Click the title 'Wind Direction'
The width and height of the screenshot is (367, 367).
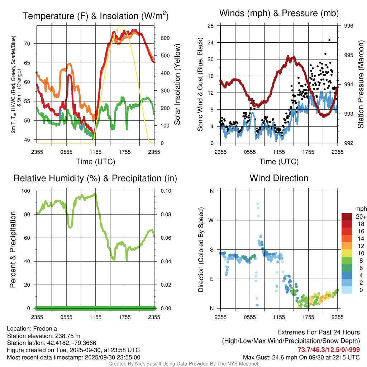pos(279,178)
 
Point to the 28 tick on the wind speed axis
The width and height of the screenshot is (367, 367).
pos(211,26)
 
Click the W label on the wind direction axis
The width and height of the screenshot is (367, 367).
pos(211,220)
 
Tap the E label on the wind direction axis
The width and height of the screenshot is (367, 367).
pos(211,279)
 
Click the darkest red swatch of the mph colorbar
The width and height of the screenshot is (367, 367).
pos(347,216)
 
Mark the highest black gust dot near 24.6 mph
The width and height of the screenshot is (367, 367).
pos(329,40)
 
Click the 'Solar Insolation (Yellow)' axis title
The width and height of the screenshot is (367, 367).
pos(177,85)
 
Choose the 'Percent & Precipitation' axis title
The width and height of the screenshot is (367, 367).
pos(13,249)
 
